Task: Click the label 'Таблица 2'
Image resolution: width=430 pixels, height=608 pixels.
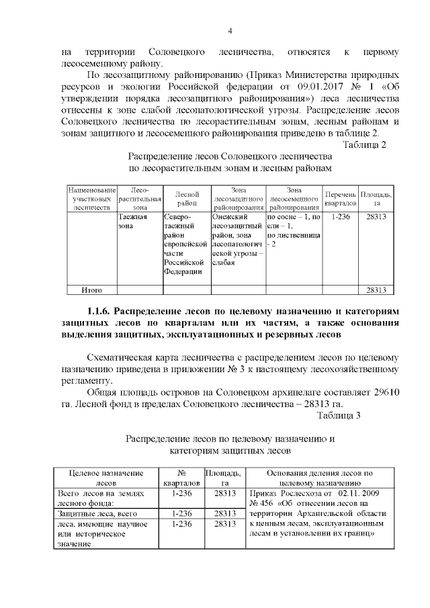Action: (x=364, y=144)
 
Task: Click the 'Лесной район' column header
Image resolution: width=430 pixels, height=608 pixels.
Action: (x=187, y=198)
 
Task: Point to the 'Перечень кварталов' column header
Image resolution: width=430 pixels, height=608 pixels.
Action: (x=341, y=198)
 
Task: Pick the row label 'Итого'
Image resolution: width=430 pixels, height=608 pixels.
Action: (x=91, y=290)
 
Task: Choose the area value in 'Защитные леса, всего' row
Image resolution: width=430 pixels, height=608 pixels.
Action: (x=223, y=513)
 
